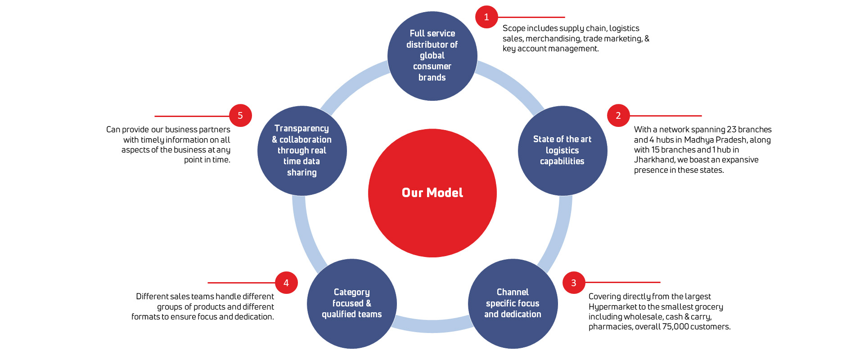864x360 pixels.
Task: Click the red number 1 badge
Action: click(486, 17)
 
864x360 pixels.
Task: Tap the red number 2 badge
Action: click(618, 116)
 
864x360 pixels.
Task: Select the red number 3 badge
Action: click(574, 283)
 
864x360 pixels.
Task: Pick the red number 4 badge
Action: click(286, 283)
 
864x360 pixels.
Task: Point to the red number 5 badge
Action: click(240, 116)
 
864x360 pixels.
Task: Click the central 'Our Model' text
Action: click(432, 193)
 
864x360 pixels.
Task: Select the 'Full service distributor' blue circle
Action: click(432, 56)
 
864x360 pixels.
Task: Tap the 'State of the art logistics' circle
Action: click(562, 150)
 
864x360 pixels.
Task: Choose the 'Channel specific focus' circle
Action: click(513, 303)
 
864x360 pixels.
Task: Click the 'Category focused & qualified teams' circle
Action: click(352, 303)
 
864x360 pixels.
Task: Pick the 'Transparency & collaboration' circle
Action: click(302, 150)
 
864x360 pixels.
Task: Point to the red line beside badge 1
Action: click(531, 17)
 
